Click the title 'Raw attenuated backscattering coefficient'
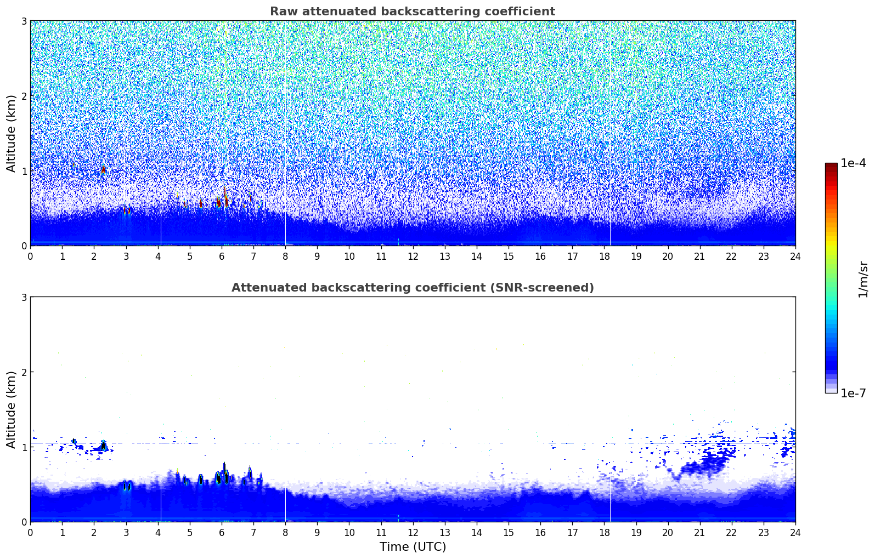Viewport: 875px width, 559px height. pyautogui.click(x=413, y=12)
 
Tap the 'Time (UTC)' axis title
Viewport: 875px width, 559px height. pyautogui.click(x=413, y=547)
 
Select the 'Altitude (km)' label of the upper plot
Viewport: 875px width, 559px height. pyautogui.click(x=11, y=133)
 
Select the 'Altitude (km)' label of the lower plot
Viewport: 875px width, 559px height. pyautogui.click(x=11, y=409)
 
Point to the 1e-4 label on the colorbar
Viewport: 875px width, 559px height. pyautogui.click(x=853, y=163)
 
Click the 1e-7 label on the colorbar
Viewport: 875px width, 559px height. pyautogui.click(x=853, y=393)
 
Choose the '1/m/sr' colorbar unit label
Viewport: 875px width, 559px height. pyautogui.click(x=863, y=280)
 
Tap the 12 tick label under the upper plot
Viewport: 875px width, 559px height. pyautogui.click(x=413, y=256)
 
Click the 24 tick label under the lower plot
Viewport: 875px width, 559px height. pyautogui.click(x=795, y=533)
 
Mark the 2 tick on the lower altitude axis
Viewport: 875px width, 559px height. pyautogui.click(x=24, y=372)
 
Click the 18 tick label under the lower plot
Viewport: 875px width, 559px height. pyautogui.click(x=605, y=533)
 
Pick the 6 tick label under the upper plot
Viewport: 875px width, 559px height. pyautogui.click(x=222, y=256)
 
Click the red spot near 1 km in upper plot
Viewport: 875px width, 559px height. pyautogui.click(x=103, y=170)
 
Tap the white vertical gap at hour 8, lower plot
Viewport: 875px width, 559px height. pyautogui.click(x=286, y=505)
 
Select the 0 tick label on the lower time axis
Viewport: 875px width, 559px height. pyautogui.click(x=31, y=533)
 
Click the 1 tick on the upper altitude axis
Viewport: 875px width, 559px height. pyautogui.click(x=24, y=171)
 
